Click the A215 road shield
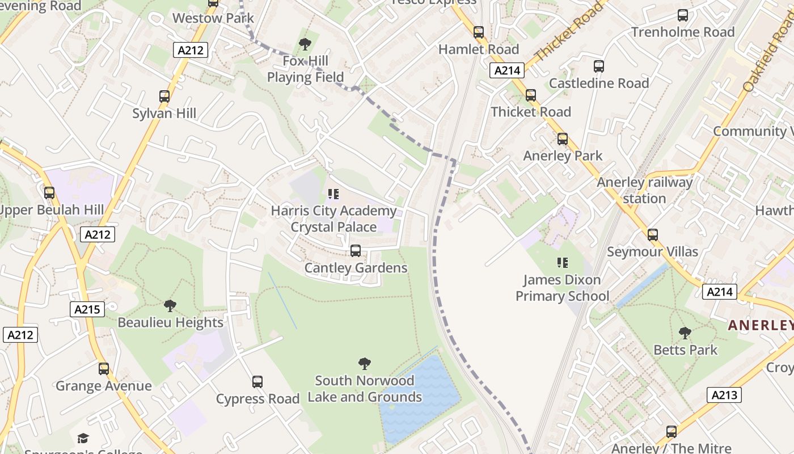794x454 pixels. click(87, 309)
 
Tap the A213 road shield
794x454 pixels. click(724, 395)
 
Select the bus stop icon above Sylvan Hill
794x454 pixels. click(164, 96)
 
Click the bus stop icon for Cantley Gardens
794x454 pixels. click(356, 251)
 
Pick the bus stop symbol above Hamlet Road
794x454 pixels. click(479, 32)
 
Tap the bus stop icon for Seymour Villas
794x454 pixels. click(653, 235)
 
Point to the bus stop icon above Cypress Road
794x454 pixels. click(257, 382)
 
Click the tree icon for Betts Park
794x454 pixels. click(685, 333)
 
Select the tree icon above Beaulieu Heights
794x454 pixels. click(170, 306)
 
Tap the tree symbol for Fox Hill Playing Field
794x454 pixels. click(305, 44)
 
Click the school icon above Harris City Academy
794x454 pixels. click(333, 195)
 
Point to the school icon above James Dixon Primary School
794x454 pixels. click(562, 263)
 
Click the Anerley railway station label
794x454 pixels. click(644, 190)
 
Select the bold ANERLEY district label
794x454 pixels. click(761, 325)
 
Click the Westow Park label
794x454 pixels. click(213, 18)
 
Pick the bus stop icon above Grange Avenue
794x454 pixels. click(103, 369)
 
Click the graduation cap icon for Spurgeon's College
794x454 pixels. click(83, 438)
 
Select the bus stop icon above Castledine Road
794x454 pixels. click(599, 66)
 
